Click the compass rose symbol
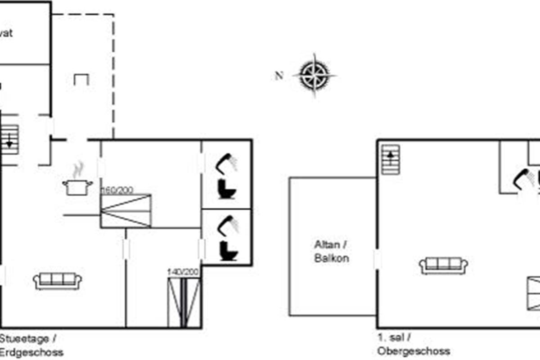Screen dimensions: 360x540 point(315,74)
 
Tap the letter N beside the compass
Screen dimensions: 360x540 point(279,76)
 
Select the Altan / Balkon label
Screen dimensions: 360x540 point(332,252)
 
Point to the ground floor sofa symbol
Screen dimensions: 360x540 point(57,280)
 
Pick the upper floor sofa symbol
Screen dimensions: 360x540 point(443,265)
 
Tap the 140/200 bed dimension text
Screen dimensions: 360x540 point(183,272)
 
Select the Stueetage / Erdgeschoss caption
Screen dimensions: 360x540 point(31,345)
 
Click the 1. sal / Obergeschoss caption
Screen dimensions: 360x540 point(414,345)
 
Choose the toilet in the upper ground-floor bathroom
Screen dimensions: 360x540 point(227,189)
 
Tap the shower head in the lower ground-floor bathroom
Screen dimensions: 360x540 point(227,224)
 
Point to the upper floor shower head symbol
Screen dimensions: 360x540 point(524,178)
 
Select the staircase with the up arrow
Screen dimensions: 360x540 point(390,159)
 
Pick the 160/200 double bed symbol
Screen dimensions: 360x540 point(126,211)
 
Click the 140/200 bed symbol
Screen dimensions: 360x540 point(184,302)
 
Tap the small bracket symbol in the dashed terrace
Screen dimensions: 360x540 point(81,80)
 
